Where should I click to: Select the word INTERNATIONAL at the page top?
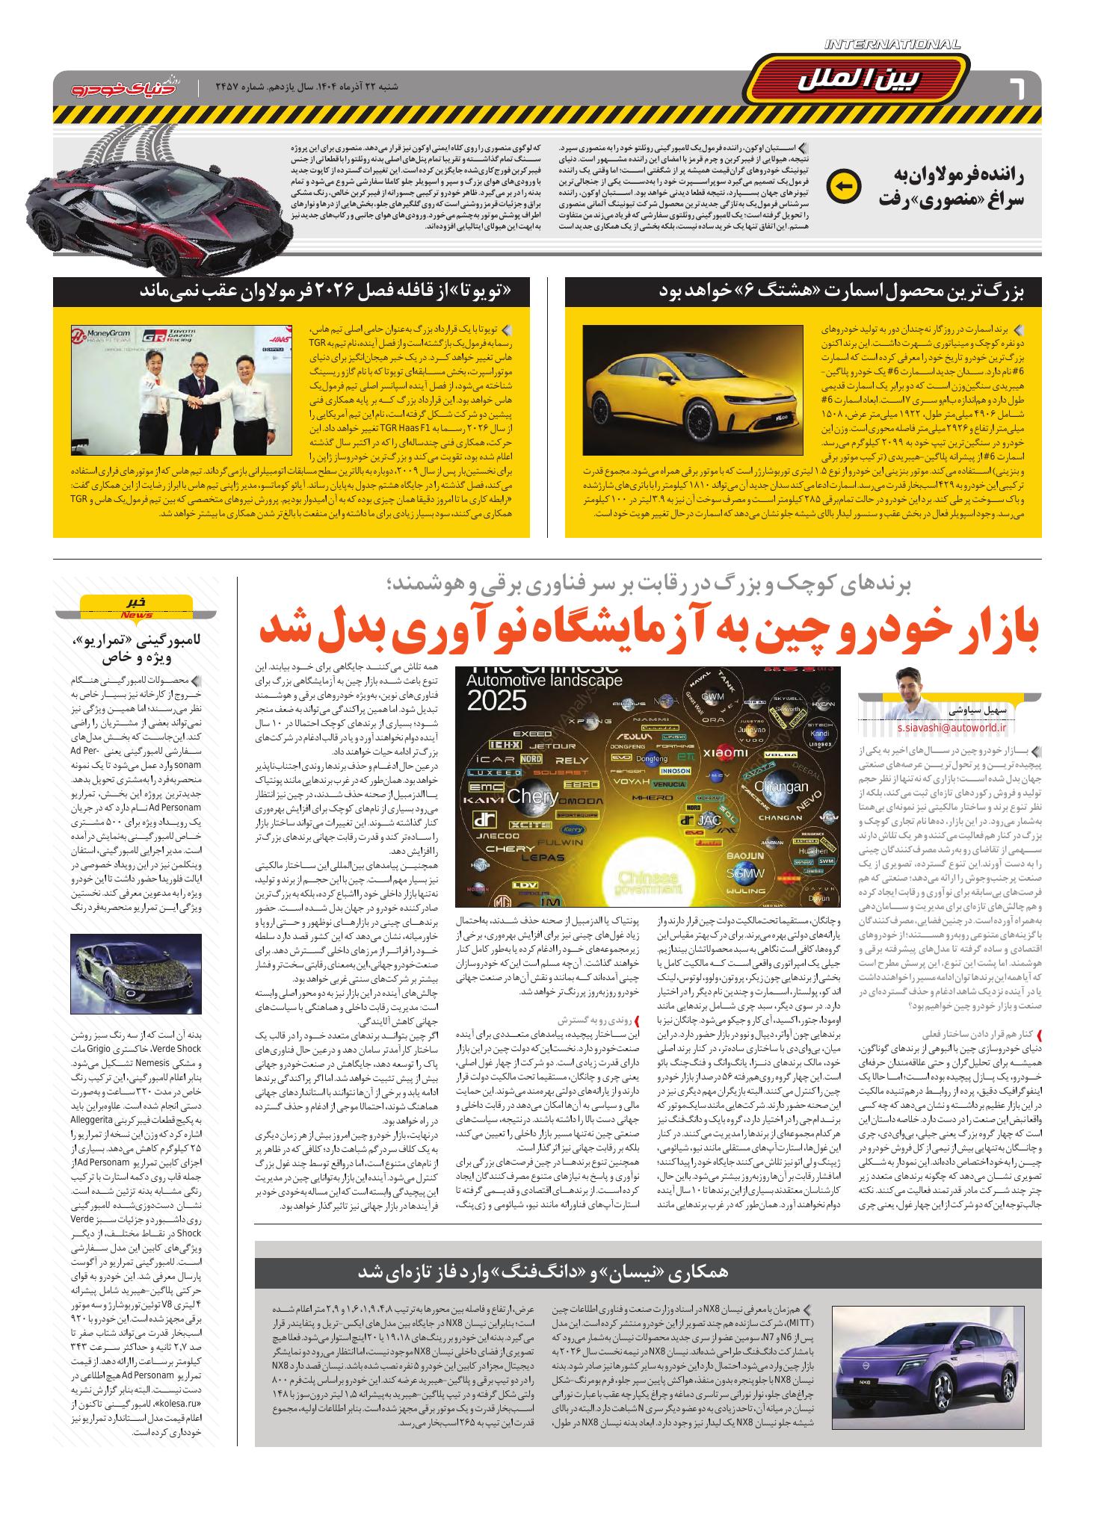(x=892, y=45)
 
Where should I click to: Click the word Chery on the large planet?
(x=532, y=796)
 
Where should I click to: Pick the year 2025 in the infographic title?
(x=497, y=701)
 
